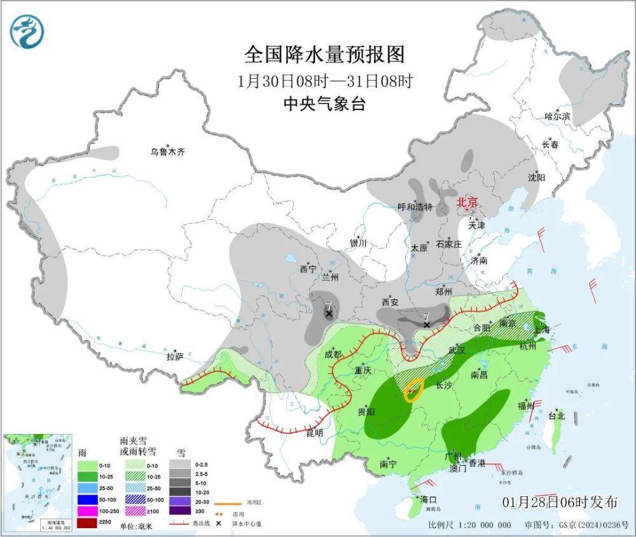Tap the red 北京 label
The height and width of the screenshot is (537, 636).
tap(467, 203)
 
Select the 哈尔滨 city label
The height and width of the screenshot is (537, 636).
tap(557, 116)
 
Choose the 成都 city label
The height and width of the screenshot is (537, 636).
tap(333, 354)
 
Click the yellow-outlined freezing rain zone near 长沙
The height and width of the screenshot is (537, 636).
tap(414, 390)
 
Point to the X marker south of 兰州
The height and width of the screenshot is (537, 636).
tap(329, 314)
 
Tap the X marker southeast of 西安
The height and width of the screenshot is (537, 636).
tap(427, 324)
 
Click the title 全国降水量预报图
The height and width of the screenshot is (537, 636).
tap(324, 55)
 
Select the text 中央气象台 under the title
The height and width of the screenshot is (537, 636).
tap(324, 104)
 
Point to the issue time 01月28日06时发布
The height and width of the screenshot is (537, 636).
tap(560, 502)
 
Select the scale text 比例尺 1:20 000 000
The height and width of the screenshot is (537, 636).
tap(470, 525)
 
